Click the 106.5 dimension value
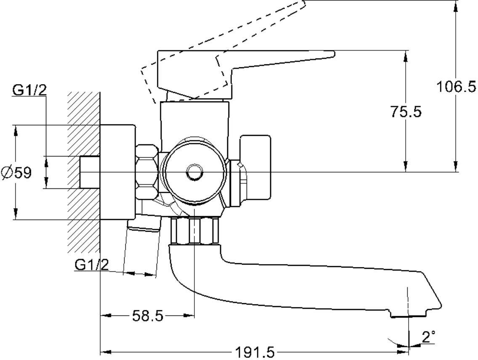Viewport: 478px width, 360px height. coord(456,87)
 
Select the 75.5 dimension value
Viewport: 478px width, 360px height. coord(405,112)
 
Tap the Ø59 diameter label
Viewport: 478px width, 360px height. coord(17,172)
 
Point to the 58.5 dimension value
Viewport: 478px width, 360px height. coord(147,316)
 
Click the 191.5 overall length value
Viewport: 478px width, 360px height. coord(255,352)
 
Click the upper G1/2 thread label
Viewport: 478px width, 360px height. coord(29,90)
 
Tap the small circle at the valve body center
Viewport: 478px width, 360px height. coord(194,172)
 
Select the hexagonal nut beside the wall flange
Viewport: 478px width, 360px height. coord(148,172)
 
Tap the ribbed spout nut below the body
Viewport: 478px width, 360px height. coord(195,230)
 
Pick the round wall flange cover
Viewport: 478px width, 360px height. coord(117,172)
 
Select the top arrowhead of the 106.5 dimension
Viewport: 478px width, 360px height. coord(456,5)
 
